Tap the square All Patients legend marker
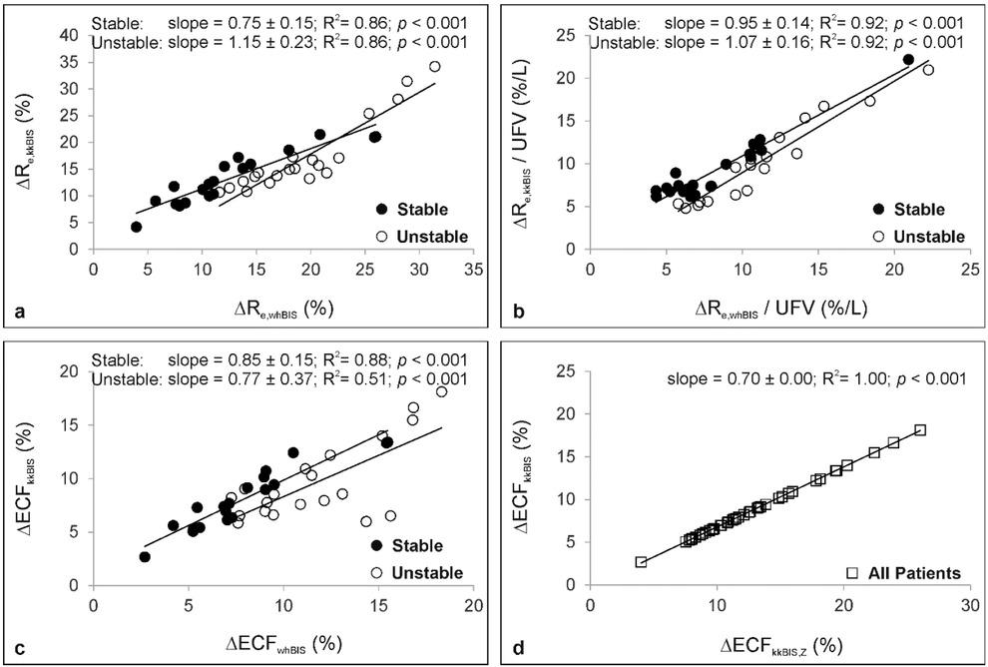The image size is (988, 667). pyautogui.click(x=853, y=572)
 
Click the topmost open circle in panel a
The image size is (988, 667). pyautogui.click(x=434, y=67)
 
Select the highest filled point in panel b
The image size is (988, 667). pyautogui.click(x=908, y=60)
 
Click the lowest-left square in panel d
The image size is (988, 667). pyautogui.click(x=641, y=562)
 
